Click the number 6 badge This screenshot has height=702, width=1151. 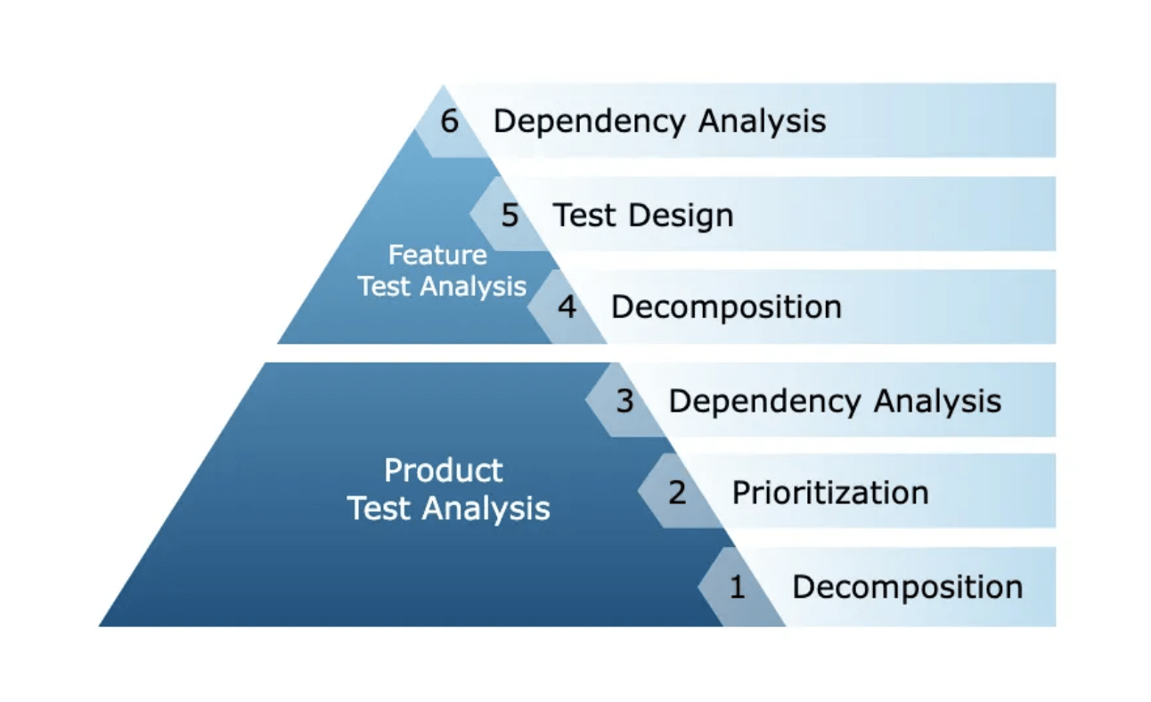pos(450,120)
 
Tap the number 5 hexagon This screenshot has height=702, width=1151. pos(510,215)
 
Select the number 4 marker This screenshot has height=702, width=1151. pos(567,307)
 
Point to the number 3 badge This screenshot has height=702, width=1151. pos(624,401)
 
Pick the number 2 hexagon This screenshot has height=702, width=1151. pos(677,492)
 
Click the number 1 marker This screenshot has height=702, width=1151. pos(737,587)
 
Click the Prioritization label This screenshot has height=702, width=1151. pos(829,492)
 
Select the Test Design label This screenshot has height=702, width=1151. pos(642,215)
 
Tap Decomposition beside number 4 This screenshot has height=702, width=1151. pos(726,307)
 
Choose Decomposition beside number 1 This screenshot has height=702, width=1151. pos(907,587)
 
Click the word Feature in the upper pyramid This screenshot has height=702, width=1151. pos(437,256)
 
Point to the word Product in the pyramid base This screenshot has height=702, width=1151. pos(443,470)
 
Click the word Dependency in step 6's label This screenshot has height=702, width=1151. pos(590,121)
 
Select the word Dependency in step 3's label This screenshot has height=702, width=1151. pos(765,402)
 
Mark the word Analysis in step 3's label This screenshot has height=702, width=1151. pos(937,402)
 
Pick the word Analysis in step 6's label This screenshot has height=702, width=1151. pos(762,121)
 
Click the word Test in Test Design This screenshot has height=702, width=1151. pos(583,215)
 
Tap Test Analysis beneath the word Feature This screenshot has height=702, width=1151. pos(442,287)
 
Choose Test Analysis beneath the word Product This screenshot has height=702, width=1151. pos(448,509)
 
